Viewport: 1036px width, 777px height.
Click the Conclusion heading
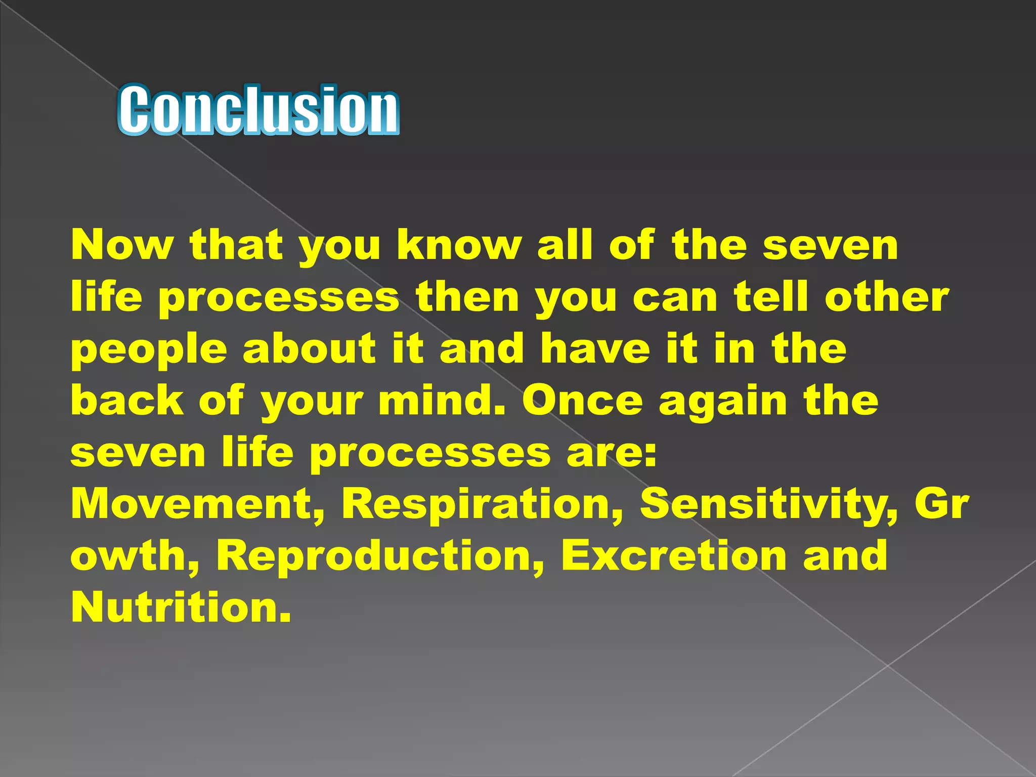click(x=258, y=110)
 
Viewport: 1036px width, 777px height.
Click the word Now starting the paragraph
click(x=121, y=245)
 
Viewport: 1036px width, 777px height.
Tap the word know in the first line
click(x=459, y=245)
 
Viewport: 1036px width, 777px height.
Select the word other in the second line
click(x=887, y=297)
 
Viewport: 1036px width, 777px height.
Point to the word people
click(x=149, y=350)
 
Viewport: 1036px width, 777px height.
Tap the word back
click(x=126, y=400)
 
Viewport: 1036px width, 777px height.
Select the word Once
click(x=582, y=400)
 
